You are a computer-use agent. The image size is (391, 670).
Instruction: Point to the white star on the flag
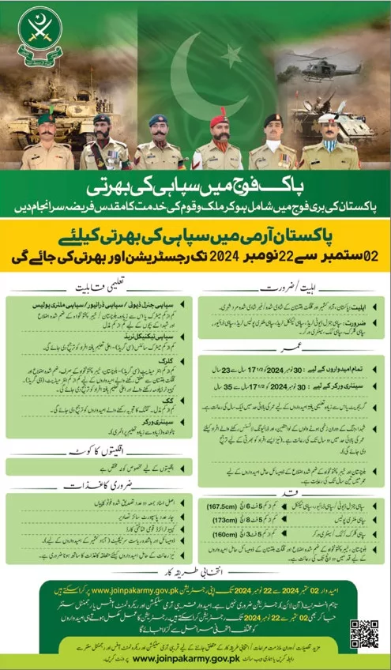pyautogui.click(x=232, y=56)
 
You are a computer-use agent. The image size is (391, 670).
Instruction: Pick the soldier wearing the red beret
pyautogui.click(x=218, y=143)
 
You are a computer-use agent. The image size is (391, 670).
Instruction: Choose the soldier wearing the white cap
pyautogui.click(x=329, y=143)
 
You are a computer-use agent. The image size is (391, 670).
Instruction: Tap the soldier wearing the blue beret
pyautogui.click(x=158, y=143)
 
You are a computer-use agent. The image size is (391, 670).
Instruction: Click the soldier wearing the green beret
pyautogui.click(x=47, y=143)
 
